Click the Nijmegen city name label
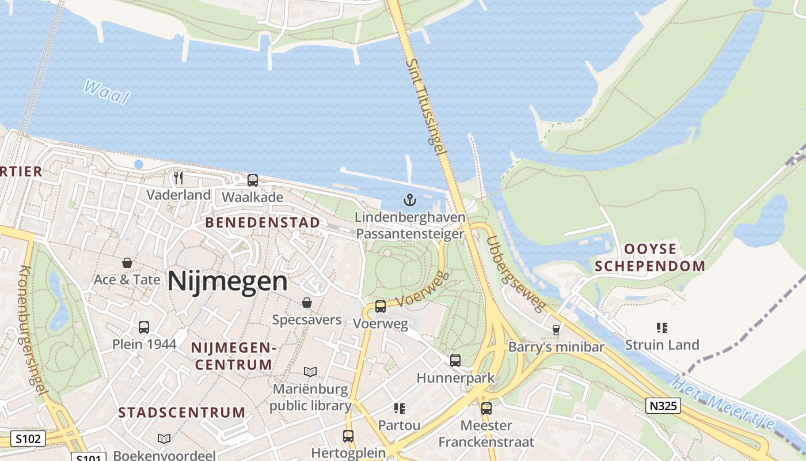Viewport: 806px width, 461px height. point(227,282)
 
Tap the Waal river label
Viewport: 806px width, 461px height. point(107,92)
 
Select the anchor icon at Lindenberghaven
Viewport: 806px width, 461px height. point(409,201)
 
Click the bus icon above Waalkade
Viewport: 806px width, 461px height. point(253,180)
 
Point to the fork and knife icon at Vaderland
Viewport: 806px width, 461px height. point(178,177)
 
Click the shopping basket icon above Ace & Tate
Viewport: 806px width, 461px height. point(127,263)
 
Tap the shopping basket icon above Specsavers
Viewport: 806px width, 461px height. point(307,303)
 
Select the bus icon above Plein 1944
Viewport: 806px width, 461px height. point(144,327)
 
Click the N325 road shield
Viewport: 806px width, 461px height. point(663,406)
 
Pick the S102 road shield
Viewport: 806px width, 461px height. point(28,439)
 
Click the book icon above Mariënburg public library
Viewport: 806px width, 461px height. point(310,372)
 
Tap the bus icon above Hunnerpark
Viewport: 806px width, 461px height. point(455,361)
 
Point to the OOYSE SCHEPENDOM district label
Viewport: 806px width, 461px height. point(650,257)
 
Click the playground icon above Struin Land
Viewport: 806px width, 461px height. point(662,328)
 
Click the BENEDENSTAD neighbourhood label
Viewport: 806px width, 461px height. point(263,222)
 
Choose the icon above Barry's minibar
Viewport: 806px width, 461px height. point(556,330)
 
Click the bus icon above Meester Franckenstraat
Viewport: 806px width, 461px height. point(486,409)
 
